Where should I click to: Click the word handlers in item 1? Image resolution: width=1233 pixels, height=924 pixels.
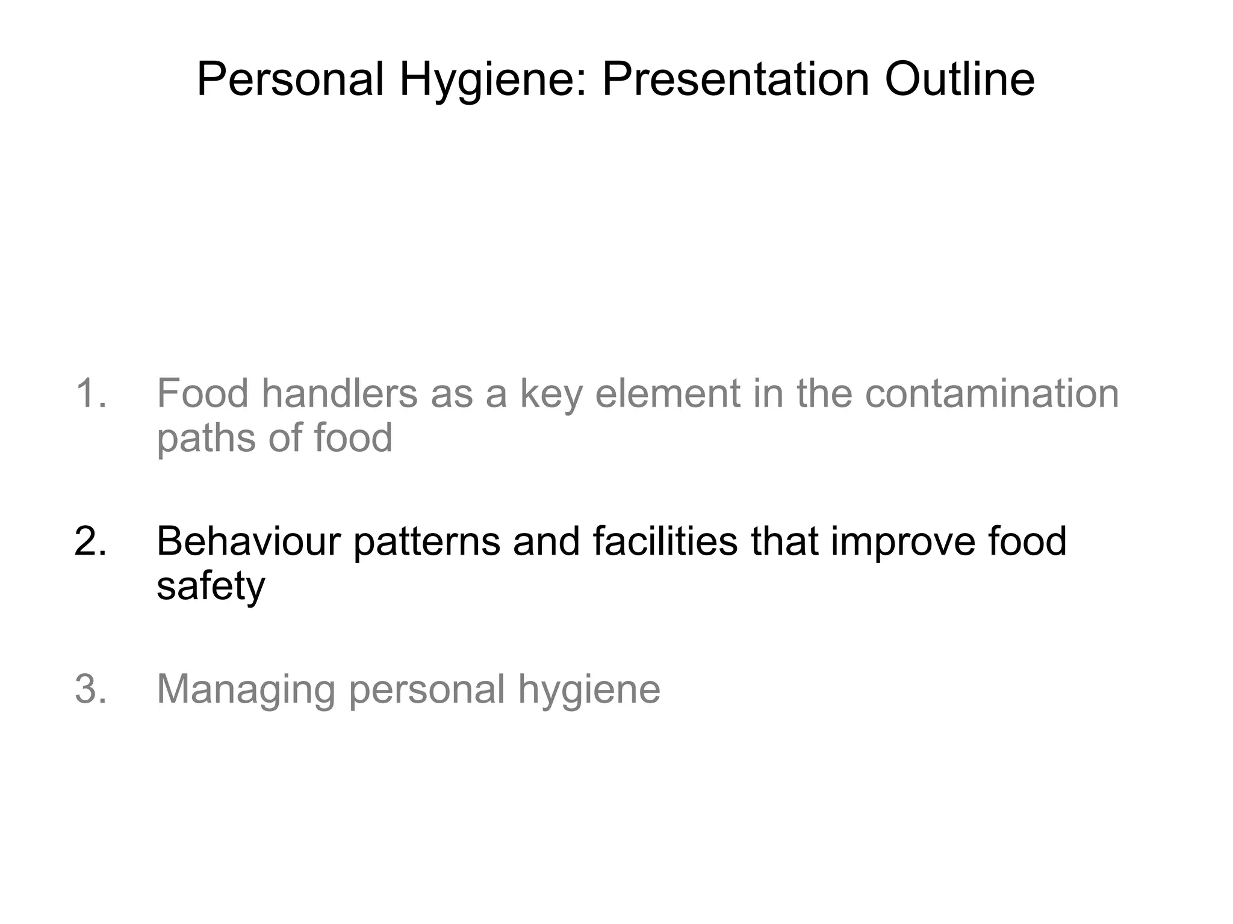pos(340,393)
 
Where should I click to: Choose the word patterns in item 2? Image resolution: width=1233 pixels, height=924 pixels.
pos(427,542)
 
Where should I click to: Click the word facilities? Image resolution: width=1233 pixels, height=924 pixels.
pos(665,541)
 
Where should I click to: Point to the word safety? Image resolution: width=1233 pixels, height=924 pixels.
pos(211,586)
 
